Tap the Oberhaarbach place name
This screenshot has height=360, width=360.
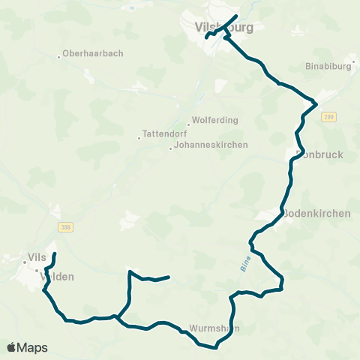(94, 54)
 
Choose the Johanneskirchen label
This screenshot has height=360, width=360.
(211, 145)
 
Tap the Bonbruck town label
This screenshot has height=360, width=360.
(314, 157)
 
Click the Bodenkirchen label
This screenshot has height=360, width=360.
(316, 213)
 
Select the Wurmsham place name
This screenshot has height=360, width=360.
(214, 328)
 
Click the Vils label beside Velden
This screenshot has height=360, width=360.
(37, 256)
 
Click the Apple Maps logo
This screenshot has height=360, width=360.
(27, 347)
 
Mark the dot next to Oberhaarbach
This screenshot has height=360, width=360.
(59, 56)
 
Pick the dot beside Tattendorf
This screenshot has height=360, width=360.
(139, 137)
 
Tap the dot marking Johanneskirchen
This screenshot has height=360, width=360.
(170, 146)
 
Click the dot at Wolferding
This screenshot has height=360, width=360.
(188, 124)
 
